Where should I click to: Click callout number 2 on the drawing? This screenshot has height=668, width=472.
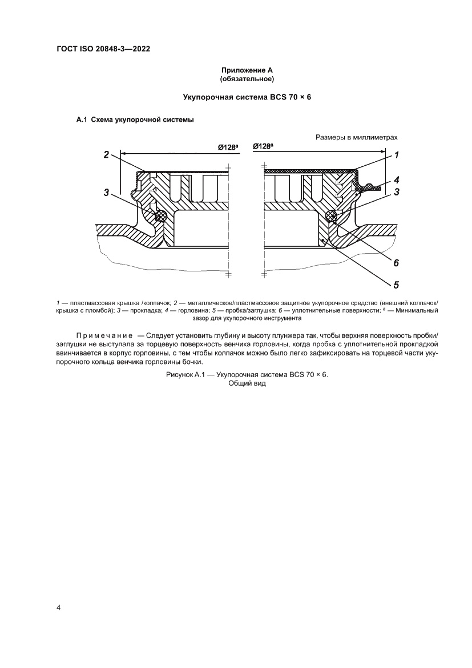coord(106,154)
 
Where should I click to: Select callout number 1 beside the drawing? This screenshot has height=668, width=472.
coord(396,155)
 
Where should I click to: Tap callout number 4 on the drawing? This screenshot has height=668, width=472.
coord(396,178)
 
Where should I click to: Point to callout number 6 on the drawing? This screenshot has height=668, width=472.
coord(396,263)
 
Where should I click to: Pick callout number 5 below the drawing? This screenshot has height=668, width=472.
coord(396,284)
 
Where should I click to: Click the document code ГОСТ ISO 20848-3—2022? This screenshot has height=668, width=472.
coord(103,49)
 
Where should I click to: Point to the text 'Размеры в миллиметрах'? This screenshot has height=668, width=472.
coord(356,138)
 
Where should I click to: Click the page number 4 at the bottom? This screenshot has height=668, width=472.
coord(58,607)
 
